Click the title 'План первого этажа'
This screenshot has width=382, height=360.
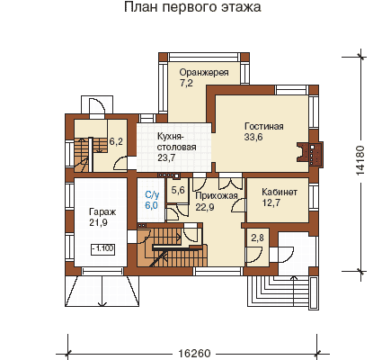click(x=192, y=7)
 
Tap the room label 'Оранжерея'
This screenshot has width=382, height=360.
click(x=204, y=73)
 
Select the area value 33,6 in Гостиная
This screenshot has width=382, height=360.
click(x=253, y=137)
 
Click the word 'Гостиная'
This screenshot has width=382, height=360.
click(x=264, y=126)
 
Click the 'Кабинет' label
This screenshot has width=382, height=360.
click(x=280, y=192)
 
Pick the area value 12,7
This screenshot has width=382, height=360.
click(x=271, y=202)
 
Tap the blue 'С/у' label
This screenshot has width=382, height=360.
click(x=152, y=195)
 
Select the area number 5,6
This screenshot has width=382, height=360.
click(x=178, y=190)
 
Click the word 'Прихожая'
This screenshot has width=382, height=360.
click(x=217, y=196)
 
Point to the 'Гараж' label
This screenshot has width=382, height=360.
click(x=102, y=212)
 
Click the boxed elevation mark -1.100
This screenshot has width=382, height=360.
click(x=102, y=248)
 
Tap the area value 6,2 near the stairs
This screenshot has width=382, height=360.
click(x=116, y=141)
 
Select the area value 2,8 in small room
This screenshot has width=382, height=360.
click(x=257, y=238)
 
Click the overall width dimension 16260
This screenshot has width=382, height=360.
click(x=194, y=354)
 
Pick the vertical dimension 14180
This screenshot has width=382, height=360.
click(x=360, y=160)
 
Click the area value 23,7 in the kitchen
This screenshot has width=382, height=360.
click(x=166, y=157)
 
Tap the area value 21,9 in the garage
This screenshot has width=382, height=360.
click(x=98, y=223)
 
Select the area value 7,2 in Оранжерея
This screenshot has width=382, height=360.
click(x=186, y=84)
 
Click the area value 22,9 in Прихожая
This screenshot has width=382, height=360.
click(x=205, y=207)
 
